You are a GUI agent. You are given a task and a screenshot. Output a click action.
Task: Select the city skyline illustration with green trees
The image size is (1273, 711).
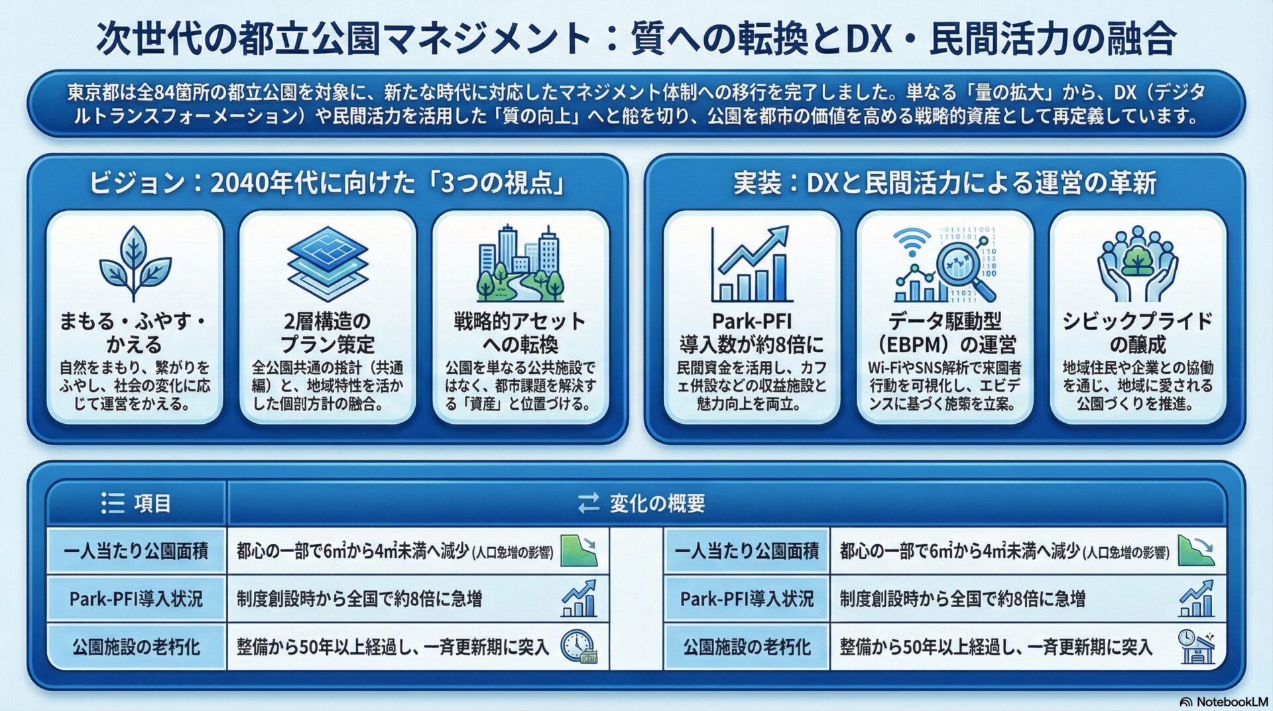tap(521, 263)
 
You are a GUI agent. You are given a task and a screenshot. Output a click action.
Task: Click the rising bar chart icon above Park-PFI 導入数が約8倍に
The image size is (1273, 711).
tap(750, 264)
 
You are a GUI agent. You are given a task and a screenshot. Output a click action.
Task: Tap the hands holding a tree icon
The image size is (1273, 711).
tap(1138, 264)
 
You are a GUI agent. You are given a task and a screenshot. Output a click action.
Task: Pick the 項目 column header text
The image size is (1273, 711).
tap(152, 503)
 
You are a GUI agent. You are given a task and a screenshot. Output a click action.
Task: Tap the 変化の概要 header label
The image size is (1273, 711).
tap(657, 503)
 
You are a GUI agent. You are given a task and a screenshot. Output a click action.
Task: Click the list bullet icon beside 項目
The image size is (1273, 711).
tap(113, 503)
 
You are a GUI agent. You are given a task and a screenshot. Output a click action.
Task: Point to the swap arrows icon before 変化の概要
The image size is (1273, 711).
tap(589, 503)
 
